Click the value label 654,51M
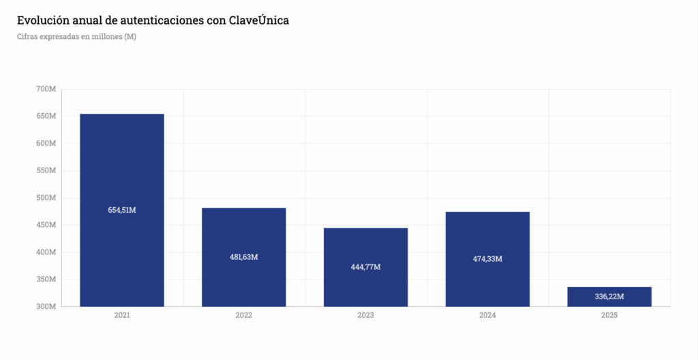click(122, 210)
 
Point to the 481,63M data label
click(244, 257)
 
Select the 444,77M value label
click(365, 267)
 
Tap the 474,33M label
click(487, 259)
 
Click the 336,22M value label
click(609, 297)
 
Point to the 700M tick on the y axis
click(46, 89)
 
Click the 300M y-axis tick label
click(46, 307)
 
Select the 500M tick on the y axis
click(46, 198)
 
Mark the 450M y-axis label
click(46, 225)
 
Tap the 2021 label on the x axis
click(122, 316)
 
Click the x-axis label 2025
click(609, 316)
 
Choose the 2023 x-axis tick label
click(365, 316)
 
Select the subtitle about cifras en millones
click(76, 37)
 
